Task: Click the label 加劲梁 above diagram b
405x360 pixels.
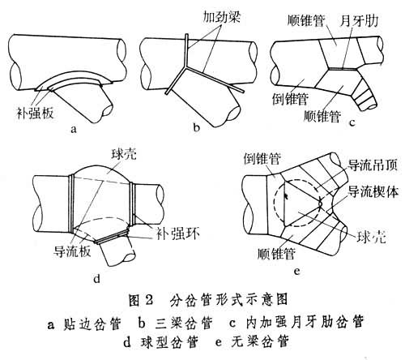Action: click(x=221, y=17)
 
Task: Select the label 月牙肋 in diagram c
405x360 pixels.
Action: click(x=359, y=21)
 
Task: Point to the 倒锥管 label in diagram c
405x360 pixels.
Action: click(x=290, y=98)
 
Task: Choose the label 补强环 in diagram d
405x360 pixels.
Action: click(x=178, y=233)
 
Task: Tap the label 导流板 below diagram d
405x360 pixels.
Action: click(x=72, y=251)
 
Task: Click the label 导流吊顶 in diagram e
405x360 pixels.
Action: click(x=373, y=165)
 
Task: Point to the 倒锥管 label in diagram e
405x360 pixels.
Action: click(x=262, y=158)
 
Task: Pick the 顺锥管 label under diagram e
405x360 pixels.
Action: click(x=276, y=253)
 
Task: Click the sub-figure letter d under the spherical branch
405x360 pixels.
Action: click(x=96, y=278)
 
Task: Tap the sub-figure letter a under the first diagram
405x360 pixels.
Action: click(x=74, y=129)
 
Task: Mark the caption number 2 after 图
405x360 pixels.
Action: click(x=148, y=300)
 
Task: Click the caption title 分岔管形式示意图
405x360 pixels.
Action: click(x=228, y=300)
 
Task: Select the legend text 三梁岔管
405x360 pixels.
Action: click(x=184, y=323)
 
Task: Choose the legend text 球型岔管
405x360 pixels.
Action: click(x=169, y=342)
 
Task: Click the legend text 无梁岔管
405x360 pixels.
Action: click(x=260, y=341)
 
